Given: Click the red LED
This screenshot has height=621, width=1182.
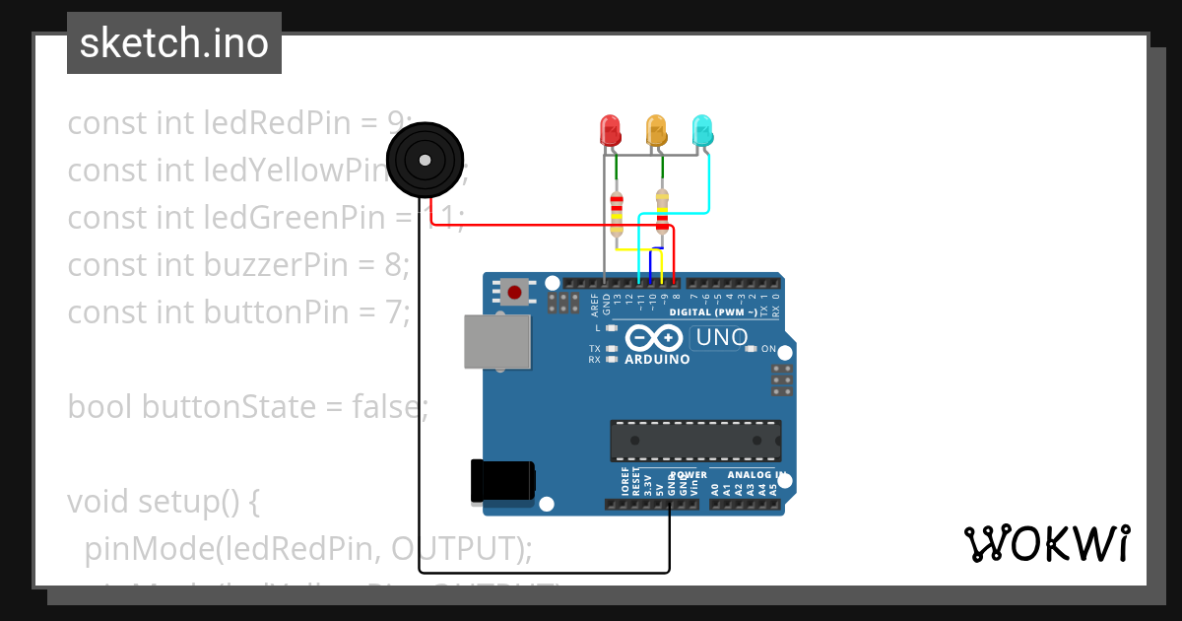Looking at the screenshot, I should click(x=610, y=129).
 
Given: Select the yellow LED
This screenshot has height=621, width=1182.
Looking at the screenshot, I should click(x=656, y=129).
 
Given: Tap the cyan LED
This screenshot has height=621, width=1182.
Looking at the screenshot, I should click(x=702, y=129).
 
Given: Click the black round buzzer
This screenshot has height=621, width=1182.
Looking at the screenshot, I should click(x=425, y=160).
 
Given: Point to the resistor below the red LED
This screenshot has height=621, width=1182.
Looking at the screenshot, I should click(x=617, y=212).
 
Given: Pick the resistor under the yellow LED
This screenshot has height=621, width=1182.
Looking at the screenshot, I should click(x=662, y=212).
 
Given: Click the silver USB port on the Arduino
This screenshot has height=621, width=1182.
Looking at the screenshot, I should click(x=496, y=342).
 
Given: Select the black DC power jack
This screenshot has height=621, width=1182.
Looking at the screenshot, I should click(x=503, y=482).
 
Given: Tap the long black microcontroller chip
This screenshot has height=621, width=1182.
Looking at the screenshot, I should click(x=695, y=441).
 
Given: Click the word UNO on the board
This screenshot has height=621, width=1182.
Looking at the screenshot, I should click(x=722, y=338).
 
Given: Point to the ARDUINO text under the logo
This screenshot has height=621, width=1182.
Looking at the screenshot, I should click(x=657, y=359).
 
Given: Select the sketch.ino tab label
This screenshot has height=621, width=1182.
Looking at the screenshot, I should click(x=174, y=43).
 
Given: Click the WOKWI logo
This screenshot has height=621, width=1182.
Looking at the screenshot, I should click(x=1046, y=543).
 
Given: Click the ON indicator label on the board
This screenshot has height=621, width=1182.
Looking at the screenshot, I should click(x=769, y=349).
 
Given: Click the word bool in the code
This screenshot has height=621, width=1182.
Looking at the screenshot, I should click(x=100, y=406).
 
